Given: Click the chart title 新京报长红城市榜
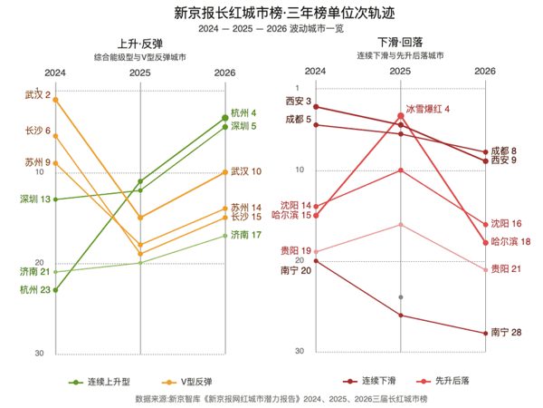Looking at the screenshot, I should click(x=271, y=14).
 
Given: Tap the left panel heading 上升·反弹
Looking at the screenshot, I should click(x=140, y=44).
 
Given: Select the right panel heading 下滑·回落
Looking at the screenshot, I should click(x=400, y=44).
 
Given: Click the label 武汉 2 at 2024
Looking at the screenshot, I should click(x=37, y=95).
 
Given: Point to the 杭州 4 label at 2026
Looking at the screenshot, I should click(x=244, y=113).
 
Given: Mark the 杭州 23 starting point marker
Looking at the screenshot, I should click(x=56, y=290).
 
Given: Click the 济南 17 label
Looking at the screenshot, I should click(x=246, y=235).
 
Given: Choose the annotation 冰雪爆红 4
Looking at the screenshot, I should click(x=427, y=108).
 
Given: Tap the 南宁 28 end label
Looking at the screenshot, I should click(x=506, y=333).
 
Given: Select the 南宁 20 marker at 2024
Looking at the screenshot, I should click(x=316, y=261).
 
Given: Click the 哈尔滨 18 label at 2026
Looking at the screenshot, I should click(x=510, y=241).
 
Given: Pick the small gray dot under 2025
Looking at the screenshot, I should click(x=400, y=297).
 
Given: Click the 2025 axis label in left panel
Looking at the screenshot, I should click(x=140, y=72).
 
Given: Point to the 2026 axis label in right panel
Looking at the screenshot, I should click(x=485, y=70).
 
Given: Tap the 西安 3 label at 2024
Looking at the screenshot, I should click(x=298, y=101).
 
